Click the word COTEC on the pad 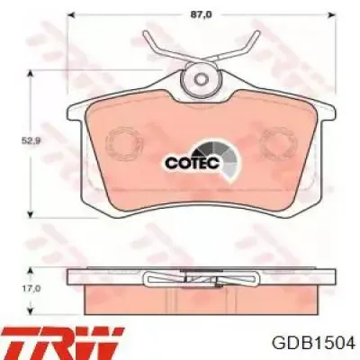[193, 163]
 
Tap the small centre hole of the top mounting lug [201, 79]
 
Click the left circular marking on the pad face [123, 144]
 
